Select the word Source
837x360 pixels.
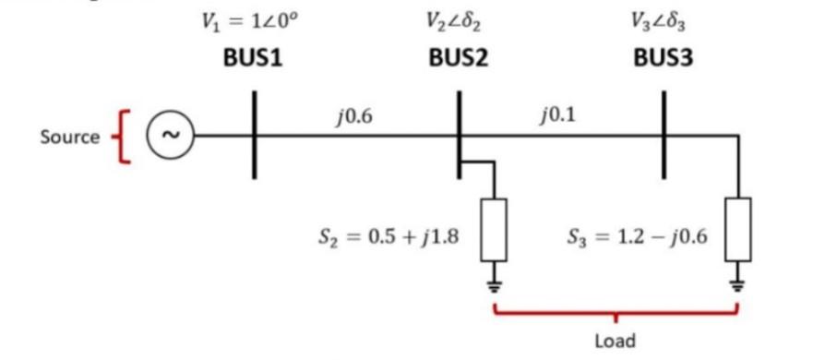click(x=69, y=137)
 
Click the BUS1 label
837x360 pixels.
click(x=252, y=57)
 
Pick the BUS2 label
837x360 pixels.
click(x=458, y=57)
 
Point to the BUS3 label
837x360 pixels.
click(x=663, y=57)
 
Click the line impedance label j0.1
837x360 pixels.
click(x=556, y=116)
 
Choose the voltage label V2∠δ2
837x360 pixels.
click(x=458, y=21)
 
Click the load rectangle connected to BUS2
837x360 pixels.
click(x=496, y=229)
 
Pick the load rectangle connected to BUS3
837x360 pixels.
click(x=738, y=229)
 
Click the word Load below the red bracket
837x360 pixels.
click(x=616, y=341)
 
